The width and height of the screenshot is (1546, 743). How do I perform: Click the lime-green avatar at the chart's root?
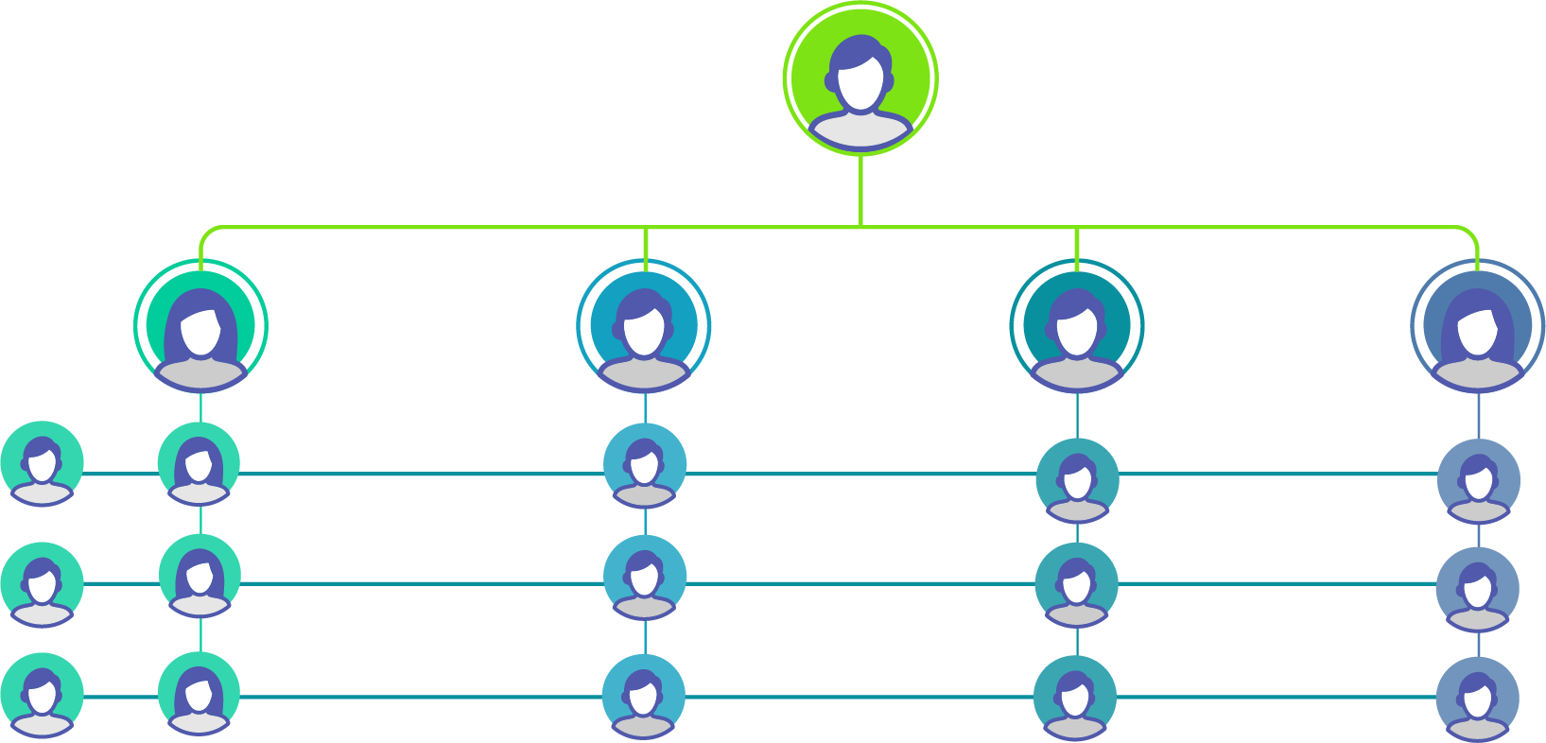click(860, 79)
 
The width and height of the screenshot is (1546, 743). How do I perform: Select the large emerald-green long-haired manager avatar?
click(200, 327)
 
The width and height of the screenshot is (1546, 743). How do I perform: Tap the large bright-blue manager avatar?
click(644, 327)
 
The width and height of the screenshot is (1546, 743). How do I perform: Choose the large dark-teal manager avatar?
click(1077, 327)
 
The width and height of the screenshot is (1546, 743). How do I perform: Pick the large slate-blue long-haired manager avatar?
click(1478, 327)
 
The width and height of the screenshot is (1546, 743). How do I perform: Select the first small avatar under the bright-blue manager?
click(645, 465)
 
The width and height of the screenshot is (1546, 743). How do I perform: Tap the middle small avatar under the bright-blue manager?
click(645, 577)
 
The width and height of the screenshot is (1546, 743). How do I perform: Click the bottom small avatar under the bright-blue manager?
click(644, 696)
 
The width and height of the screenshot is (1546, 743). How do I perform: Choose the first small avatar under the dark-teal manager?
click(1078, 480)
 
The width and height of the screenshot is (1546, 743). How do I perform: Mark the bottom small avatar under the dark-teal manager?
click(1076, 698)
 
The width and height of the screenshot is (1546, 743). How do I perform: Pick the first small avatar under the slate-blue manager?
click(1479, 480)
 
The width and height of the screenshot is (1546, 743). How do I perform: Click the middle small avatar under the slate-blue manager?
click(1478, 589)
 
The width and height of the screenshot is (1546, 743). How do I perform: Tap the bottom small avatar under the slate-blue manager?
click(1478, 699)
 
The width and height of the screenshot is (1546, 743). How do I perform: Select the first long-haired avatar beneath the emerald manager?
click(199, 463)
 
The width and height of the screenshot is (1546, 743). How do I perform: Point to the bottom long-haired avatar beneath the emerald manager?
click(199, 693)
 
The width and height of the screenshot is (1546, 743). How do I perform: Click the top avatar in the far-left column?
click(42, 463)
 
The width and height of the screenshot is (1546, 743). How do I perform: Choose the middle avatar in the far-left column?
click(42, 584)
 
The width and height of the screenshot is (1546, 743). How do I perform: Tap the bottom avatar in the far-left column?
click(42, 695)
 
